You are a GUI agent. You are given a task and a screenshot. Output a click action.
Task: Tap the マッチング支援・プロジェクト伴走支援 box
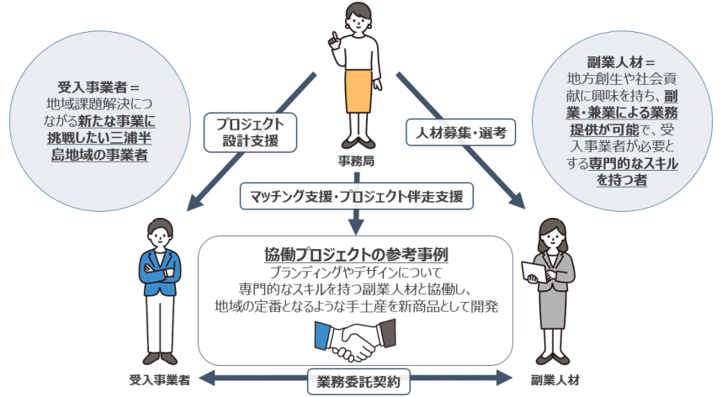(x=358, y=196)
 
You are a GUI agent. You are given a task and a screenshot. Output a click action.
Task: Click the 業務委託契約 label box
(x=359, y=381)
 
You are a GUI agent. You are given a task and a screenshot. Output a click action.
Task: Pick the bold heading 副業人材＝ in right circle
(x=622, y=62)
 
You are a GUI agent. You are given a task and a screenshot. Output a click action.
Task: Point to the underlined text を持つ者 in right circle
(x=622, y=179)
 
